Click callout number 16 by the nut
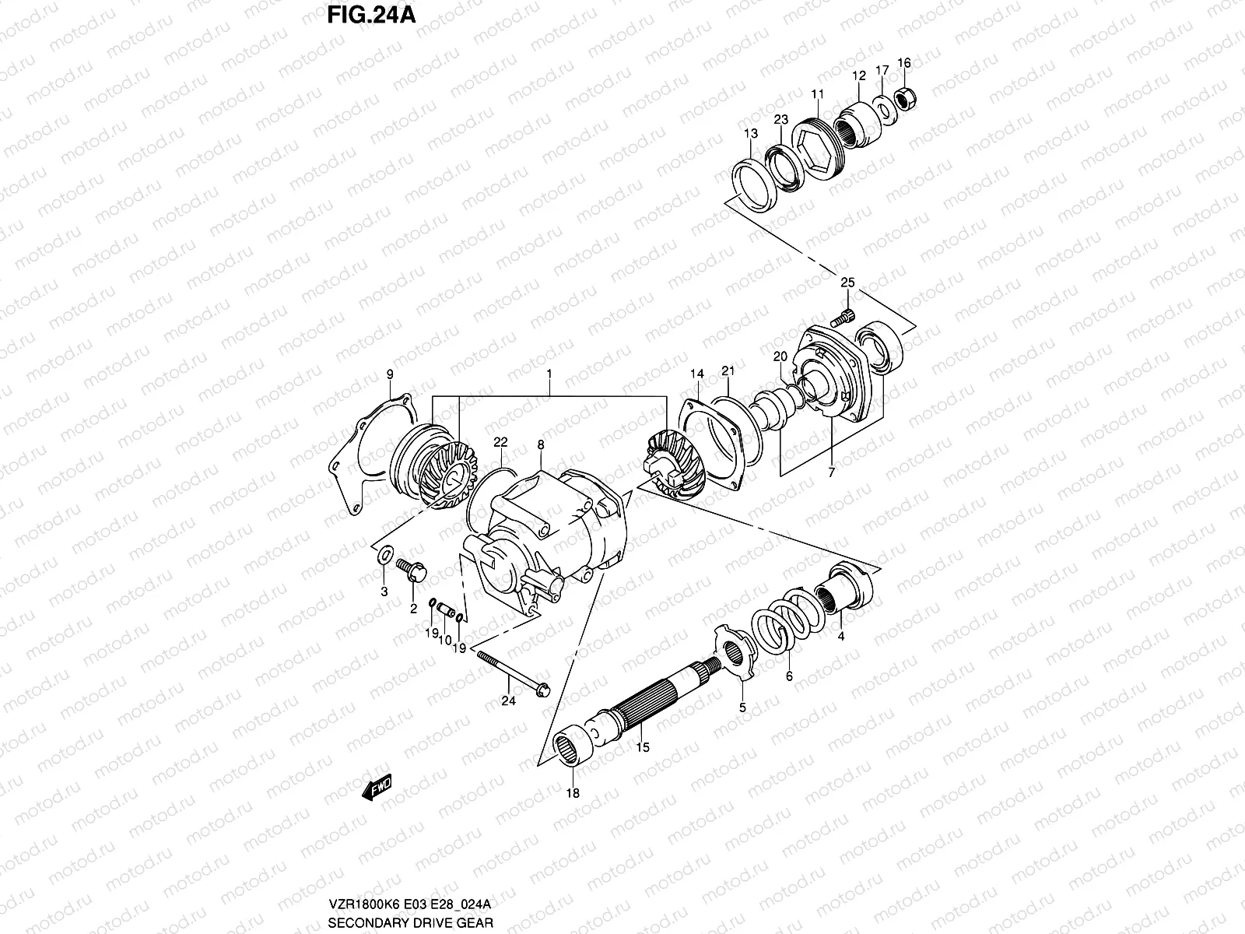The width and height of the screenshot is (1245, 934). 903,63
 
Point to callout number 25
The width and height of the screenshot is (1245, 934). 847,282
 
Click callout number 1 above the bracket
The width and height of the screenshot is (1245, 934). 549,374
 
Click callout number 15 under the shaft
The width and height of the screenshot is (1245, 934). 643,747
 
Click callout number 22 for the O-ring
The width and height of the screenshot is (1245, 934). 500,441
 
